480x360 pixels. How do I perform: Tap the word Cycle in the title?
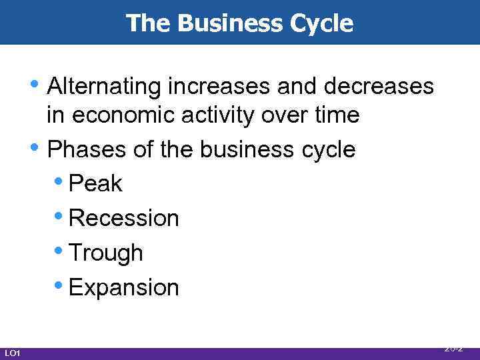(x=326, y=23)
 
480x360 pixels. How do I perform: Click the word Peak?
(x=95, y=183)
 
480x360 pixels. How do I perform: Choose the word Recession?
(x=123, y=218)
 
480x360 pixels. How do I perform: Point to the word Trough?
(x=105, y=253)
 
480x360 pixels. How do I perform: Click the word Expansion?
(x=123, y=287)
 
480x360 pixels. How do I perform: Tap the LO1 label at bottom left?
(x=12, y=353)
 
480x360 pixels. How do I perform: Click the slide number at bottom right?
(x=453, y=348)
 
